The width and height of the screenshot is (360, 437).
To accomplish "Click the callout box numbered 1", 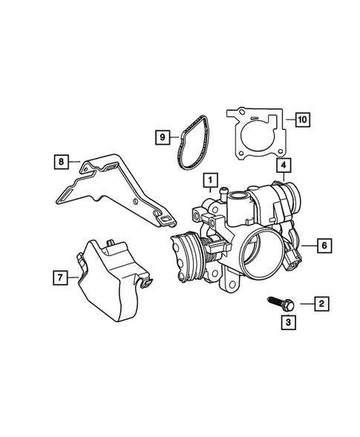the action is point(211,180).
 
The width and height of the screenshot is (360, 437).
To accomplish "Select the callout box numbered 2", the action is point(322,303).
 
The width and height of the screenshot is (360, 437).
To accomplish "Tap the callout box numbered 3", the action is point(288,322).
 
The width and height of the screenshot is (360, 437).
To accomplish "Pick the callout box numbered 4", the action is point(284,165).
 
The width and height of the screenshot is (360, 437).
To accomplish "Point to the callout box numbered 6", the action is point(324,246).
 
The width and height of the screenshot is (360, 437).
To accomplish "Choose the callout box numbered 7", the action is point(60,277).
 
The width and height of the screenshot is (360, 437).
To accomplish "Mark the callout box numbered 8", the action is point(62,162).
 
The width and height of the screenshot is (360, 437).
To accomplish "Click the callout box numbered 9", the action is point(163,137).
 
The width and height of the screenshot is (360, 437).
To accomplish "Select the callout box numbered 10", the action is point(302,120).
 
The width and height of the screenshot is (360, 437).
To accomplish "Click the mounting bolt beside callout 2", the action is point(281,303).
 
